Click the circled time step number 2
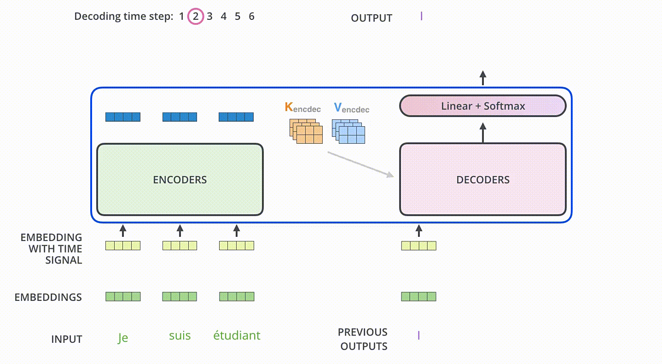pyautogui.click(x=196, y=16)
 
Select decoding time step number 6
pyautogui.click(x=251, y=16)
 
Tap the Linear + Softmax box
pyautogui.click(x=483, y=106)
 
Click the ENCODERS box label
pyautogui.click(x=180, y=180)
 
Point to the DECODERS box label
pyautogui.click(x=483, y=180)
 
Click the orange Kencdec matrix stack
pyautogui.click(x=306, y=131)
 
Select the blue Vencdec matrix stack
pyautogui.click(x=348, y=131)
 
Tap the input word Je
pyautogui.click(x=123, y=337)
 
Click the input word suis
pyautogui.click(x=180, y=335)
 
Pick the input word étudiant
pyautogui.click(x=237, y=335)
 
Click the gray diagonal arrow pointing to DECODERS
pyautogui.click(x=360, y=164)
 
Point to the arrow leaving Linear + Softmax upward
pyautogui.click(x=483, y=78)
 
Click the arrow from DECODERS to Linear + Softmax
pyautogui.click(x=483, y=133)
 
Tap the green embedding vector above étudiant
pyautogui.click(x=237, y=297)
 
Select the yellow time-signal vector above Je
pyautogui.click(x=123, y=246)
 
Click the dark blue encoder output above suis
pyautogui.click(x=180, y=117)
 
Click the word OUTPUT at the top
pyautogui.click(x=372, y=18)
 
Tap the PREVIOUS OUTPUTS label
pyautogui.click(x=363, y=339)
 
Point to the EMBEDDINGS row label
pyautogui.click(x=48, y=297)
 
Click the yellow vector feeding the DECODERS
pyautogui.click(x=419, y=246)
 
